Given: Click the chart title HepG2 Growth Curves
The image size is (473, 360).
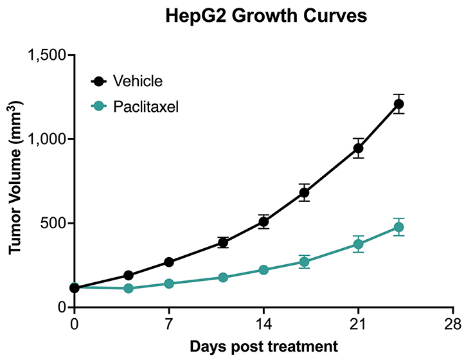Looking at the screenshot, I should (264, 15).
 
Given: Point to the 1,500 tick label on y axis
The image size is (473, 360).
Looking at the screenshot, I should (48, 55).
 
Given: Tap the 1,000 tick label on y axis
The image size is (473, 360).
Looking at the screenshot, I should (48, 139).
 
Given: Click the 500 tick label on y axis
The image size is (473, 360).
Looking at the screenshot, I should (53, 224).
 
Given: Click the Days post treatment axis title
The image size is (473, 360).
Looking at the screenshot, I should (263, 346).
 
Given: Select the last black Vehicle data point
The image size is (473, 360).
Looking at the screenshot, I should (398, 104).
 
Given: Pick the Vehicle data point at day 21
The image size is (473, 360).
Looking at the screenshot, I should (358, 148).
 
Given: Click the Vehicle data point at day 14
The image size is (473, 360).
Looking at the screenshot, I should (263, 222).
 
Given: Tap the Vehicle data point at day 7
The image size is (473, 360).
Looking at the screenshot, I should (169, 262).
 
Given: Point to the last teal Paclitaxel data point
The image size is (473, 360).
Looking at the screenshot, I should (398, 227).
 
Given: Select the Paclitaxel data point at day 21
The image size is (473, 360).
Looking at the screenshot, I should (358, 244).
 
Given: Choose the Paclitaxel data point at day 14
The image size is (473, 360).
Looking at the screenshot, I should (263, 270).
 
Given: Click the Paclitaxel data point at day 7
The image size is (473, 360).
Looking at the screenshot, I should (169, 283).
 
